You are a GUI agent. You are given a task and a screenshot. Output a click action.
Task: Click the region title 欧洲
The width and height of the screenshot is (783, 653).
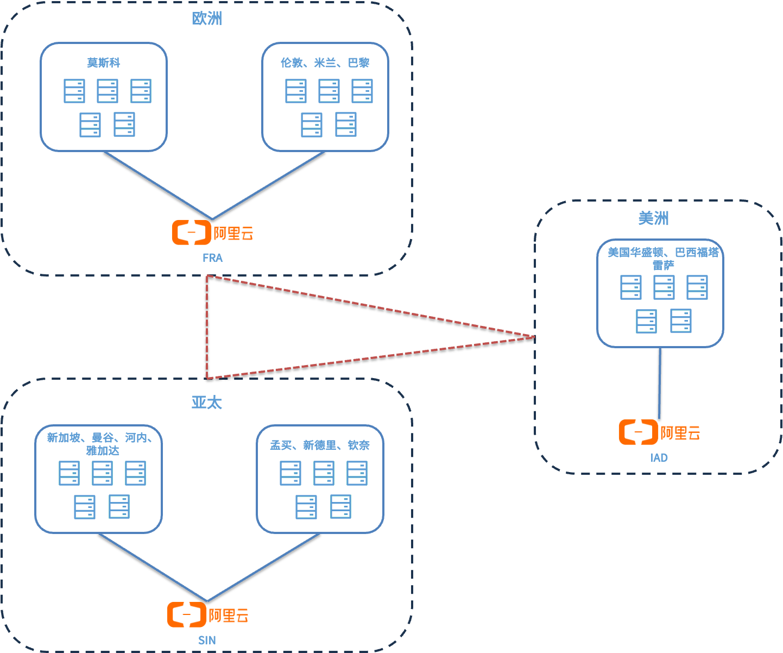pyautogui.click(x=207, y=19)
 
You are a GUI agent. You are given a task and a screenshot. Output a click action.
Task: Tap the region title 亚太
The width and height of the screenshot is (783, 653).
pyautogui.click(x=207, y=403)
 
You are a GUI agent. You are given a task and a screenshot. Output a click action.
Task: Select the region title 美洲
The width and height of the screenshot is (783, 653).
pyautogui.click(x=653, y=218)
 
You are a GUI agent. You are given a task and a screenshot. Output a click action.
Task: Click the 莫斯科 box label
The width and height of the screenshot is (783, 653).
pyautogui.click(x=104, y=63)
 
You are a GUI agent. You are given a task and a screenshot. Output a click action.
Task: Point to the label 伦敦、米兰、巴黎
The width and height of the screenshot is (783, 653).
pyautogui.click(x=325, y=63)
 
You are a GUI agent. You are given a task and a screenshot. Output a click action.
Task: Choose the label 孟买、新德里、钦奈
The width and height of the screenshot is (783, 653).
pyautogui.click(x=320, y=445)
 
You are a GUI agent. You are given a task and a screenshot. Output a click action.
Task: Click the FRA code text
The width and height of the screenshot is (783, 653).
pyautogui.click(x=212, y=258)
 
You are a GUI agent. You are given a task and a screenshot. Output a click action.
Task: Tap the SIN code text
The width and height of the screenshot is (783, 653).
pyautogui.click(x=207, y=641)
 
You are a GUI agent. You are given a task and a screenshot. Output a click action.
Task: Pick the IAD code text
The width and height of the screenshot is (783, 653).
pyautogui.click(x=659, y=458)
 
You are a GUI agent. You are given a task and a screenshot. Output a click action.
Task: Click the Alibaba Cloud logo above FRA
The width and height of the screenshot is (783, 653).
pyautogui.click(x=212, y=233)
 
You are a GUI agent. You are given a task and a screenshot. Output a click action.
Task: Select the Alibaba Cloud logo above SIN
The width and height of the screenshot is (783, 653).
pyautogui.click(x=207, y=615)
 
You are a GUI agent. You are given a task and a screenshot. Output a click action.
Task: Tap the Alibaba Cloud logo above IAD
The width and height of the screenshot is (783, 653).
pyautogui.click(x=659, y=432)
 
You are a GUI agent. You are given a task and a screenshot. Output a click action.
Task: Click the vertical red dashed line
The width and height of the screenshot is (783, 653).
pyautogui.click(x=207, y=326)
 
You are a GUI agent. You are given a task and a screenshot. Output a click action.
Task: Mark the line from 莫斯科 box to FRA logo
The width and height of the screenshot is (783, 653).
pyautogui.click(x=157, y=185)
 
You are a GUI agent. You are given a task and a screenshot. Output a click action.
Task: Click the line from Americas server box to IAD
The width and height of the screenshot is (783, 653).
pyautogui.click(x=660, y=383)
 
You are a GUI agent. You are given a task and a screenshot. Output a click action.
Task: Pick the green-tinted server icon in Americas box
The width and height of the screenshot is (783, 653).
pyautogui.click(x=646, y=321)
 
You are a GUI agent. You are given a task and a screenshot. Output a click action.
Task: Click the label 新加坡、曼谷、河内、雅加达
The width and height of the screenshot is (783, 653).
pyautogui.click(x=99, y=444)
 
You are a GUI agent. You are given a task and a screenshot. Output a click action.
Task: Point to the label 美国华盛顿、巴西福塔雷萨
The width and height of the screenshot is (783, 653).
pyautogui.click(x=663, y=258)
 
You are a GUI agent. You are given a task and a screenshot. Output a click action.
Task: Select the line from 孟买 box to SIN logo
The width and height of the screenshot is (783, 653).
pyautogui.click(x=263, y=568)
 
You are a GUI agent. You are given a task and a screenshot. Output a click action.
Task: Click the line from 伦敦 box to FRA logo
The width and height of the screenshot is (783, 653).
pyautogui.click(x=268, y=186)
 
